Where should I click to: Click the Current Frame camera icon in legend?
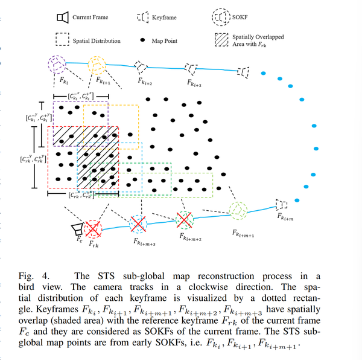click(x=60, y=18)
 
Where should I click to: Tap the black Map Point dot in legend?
click(x=142, y=41)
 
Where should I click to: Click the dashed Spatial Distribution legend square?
click(x=60, y=41)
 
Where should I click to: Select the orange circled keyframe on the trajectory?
click(x=97, y=64)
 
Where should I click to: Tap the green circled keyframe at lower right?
click(x=239, y=210)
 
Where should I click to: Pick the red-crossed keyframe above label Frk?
click(x=93, y=228)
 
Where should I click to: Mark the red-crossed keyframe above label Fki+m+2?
click(x=183, y=219)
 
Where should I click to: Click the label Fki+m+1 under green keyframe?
click(x=244, y=232)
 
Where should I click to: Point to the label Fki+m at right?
click(x=286, y=216)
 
